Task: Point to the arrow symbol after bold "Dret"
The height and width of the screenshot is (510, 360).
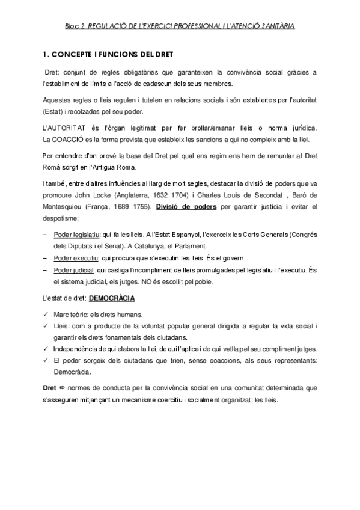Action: pyautogui.click(x=61, y=388)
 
